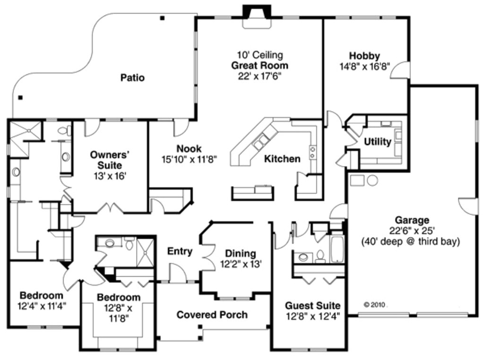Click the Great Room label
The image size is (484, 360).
click(x=259, y=65)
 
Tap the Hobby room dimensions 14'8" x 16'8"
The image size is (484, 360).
click(x=364, y=67)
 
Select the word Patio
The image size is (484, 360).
click(x=132, y=78)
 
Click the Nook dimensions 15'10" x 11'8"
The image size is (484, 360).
click(x=189, y=159)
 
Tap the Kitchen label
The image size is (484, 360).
click(x=282, y=158)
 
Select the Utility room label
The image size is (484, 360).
click(x=377, y=142)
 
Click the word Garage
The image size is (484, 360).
click(x=412, y=220)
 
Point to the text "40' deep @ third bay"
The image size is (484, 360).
click(x=411, y=242)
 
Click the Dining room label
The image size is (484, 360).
click(x=240, y=254)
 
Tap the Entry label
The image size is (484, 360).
click(x=180, y=251)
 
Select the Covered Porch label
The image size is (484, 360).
click(x=212, y=315)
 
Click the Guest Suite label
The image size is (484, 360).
click(x=312, y=306)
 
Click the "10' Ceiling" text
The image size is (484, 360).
click(x=259, y=55)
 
